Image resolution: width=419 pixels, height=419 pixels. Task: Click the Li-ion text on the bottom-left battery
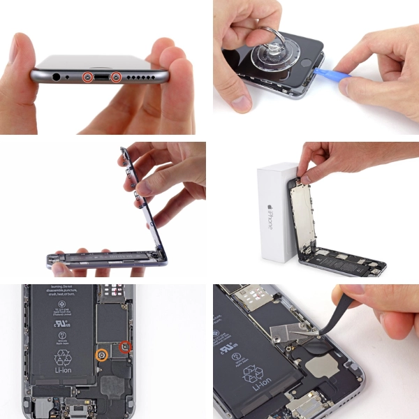pyautogui.click(x=64, y=381)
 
